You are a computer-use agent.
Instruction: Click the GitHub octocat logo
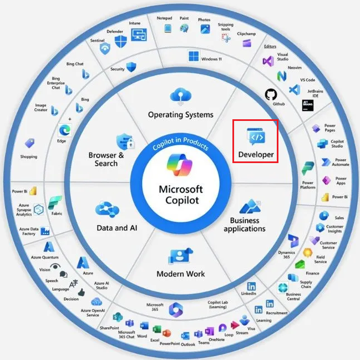click(270, 94)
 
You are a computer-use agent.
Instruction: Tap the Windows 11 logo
click(193, 57)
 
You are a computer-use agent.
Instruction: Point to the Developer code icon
click(256, 136)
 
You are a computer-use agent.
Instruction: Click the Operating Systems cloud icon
click(180, 97)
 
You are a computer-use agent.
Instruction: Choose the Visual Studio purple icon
click(268, 61)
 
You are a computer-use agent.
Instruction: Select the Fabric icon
click(55, 202)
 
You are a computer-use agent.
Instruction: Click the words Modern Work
click(180, 274)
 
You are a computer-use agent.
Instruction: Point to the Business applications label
click(245, 225)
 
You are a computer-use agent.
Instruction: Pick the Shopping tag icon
click(29, 144)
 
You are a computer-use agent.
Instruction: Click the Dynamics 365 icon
click(293, 241)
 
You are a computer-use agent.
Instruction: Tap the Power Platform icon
click(307, 169)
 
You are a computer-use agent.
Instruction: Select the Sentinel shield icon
click(105, 48)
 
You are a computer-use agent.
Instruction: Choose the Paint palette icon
click(184, 28)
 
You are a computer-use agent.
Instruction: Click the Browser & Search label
click(106, 159)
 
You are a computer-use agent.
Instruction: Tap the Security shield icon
click(131, 67)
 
